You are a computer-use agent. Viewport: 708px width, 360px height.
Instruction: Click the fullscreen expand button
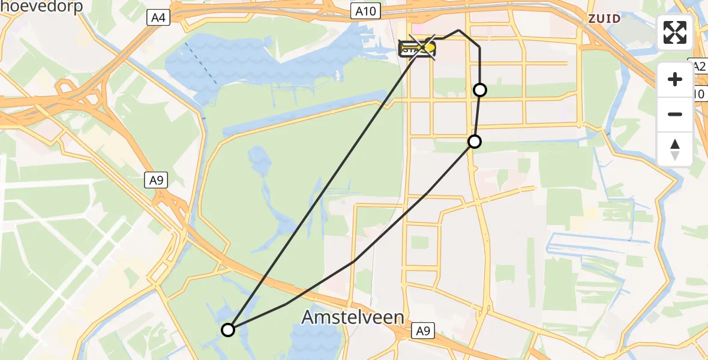(675, 32)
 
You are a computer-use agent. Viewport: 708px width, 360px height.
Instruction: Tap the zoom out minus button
(675, 114)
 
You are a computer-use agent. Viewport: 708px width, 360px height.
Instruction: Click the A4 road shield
(158, 18)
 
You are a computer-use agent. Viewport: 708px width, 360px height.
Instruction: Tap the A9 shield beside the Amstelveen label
(424, 329)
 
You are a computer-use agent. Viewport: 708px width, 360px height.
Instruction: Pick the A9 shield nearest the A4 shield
(157, 180)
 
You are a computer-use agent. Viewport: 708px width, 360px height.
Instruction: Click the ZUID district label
(604, 19)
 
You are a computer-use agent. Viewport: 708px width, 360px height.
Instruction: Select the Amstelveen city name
(352, 317)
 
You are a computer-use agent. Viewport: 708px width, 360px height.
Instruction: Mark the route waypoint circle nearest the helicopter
(480, 90)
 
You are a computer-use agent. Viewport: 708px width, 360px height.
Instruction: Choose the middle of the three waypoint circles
(475, 142)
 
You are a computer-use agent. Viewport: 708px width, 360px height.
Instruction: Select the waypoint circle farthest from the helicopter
(228, 329)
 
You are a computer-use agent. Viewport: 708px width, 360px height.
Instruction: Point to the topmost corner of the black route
(459, 30)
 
